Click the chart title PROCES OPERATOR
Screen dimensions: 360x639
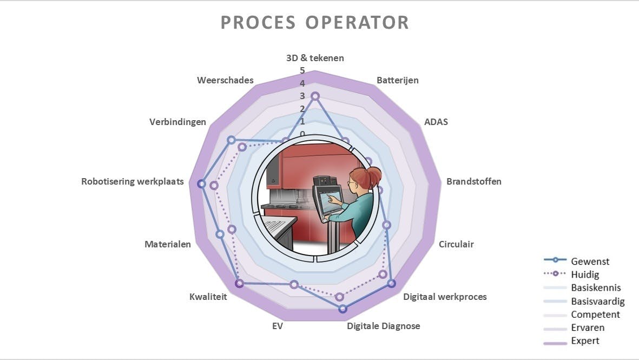pyautogui.click(x=314, y=23)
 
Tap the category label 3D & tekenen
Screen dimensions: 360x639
pyautogui.click(x=315, y=58)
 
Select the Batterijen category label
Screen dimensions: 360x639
pyautogui.click(x=398, y=80)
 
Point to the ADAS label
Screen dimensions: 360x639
pyautogui.click(x=436, y=122)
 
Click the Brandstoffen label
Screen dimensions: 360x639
pyautogui.click(x=474, y=181)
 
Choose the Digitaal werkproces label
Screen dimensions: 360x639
pyautogui.click(x=445, y=297)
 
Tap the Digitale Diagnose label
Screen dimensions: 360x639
pyautogui.click(x=384, y=326)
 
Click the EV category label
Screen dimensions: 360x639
pyautogui.click(x=278, y=326)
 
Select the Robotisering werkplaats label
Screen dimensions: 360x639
pyautogui.click(x=133, y=181)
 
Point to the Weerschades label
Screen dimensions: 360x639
pyautogui.click(x=225, y=80)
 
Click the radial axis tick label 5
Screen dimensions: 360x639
pyautogui.click(x=302, y=70)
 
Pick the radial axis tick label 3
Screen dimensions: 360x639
pyautogui.click(x=302, y=96)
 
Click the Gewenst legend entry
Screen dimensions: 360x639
pyautogui.click(x=590, y=261)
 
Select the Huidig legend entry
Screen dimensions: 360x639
pyautogui.click(x=585, y=274)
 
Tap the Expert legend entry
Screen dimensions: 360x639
pyautogui.click(x=585, y=341)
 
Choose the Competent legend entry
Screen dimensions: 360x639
pyautogui.click(x=595, y=315)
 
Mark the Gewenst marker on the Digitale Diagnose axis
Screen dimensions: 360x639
pyautogui.click(x=342, y=309)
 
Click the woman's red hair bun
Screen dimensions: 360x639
pyautogui.click(x=374, y=175)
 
